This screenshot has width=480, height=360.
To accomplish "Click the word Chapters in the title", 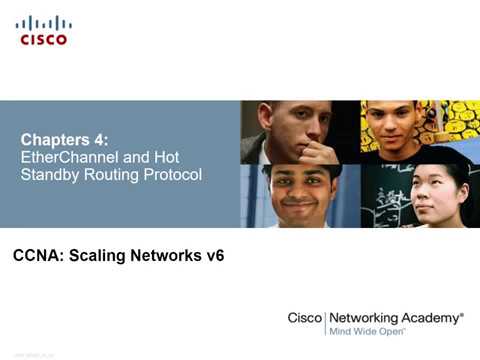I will tap(56, 139).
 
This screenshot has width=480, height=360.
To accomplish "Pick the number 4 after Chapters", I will tap(98, 139).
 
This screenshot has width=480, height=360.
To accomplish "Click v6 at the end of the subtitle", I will tap(213, 256).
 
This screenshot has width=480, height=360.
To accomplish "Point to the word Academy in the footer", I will tap(432, 317).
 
